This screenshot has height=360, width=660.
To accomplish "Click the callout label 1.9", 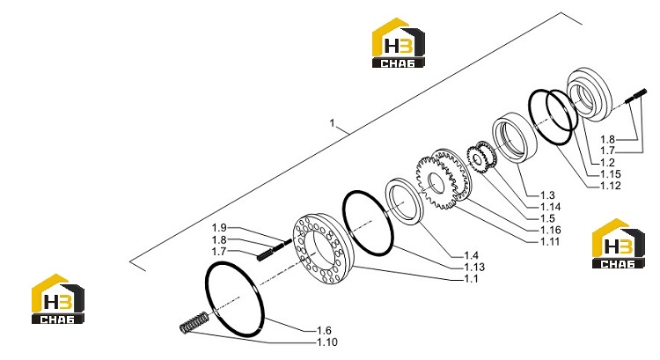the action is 219,228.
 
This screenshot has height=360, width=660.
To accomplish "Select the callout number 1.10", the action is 327,342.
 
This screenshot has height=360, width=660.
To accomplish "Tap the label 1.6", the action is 324,331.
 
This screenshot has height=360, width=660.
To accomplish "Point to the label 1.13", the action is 474,267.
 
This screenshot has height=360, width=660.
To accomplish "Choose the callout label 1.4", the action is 471,255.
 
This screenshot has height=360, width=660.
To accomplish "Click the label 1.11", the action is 550,242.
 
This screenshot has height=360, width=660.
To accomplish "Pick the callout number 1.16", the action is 551,230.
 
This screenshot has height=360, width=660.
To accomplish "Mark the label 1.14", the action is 551,207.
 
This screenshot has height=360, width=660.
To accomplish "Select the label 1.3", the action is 547,195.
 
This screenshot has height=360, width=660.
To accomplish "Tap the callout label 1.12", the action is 611,186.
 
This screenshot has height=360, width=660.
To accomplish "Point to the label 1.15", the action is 611,174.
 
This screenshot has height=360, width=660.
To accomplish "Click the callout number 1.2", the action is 607,163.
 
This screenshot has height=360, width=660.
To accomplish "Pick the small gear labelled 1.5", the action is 482,158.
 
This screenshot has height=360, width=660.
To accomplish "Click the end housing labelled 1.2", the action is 590,94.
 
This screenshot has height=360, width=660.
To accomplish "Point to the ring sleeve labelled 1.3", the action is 515,136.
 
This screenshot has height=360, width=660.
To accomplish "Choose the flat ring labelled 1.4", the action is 405,201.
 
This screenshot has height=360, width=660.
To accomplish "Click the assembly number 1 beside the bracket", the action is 332,123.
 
